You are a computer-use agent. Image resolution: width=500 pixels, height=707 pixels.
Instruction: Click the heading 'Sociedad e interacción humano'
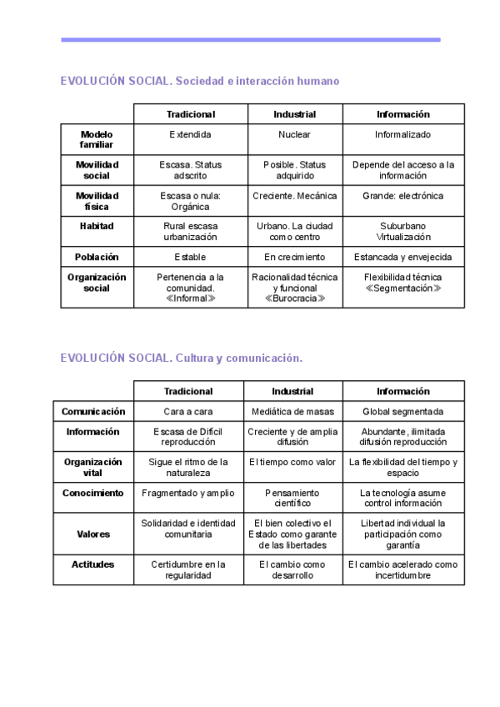click(x=258, y=81)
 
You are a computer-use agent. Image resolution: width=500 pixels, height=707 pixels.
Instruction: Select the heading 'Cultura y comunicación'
click(x=239, y=358)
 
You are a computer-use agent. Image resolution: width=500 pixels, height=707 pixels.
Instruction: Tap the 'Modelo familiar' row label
click(x=97, y=139)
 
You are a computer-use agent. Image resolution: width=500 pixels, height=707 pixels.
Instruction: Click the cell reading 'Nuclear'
click(x=295, y=134)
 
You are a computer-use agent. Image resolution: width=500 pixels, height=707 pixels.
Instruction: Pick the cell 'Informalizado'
click(x=402, y=134)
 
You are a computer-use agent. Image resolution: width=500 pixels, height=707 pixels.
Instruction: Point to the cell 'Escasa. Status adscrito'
click(x=191, y=170)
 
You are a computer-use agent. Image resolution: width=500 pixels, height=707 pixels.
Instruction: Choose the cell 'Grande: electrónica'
click(x=402, y=196)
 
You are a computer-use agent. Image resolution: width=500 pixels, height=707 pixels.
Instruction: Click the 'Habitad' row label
click(x=97, y=226)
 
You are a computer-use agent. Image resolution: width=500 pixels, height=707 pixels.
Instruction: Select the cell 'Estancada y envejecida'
click(x=402, y=257)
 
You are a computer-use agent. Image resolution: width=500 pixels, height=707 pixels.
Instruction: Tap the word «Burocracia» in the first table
click(x=295, y=298)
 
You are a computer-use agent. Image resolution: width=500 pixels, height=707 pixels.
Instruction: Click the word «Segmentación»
click(x=402, y=288)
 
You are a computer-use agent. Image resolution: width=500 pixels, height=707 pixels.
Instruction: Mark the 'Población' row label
click(x=97, y=257)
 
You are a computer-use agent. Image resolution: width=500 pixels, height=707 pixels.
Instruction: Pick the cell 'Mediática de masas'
click(x=292, y=411)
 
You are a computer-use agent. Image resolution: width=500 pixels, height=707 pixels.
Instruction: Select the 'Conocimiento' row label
click(x=92, y=493)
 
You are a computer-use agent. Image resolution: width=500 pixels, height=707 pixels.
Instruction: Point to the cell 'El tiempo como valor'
click(x=292, y=461)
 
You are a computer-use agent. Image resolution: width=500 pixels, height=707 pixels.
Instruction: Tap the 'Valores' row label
click(x=92, y=534)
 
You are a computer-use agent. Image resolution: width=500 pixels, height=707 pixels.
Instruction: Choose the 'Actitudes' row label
click(x=92, y=564)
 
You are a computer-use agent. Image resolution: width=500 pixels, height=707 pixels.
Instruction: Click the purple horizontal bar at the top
click(x=250, y=39)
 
